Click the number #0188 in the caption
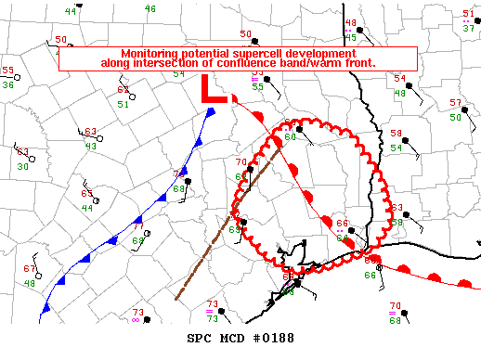click(275, 336)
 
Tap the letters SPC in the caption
click(200, 336)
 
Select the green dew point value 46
click(150, 9)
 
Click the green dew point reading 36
click(7, 85)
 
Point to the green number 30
click(21, 167)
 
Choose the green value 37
click(469, 29)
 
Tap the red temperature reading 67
click(29, 268)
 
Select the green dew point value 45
click(350, 38)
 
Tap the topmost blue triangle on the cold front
click(212, 113)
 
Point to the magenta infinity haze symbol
click(136, 321)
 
